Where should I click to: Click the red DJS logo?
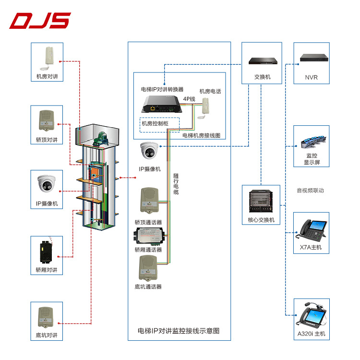point(40,21)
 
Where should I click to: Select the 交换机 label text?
point(262,77)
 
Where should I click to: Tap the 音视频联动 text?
point(310,191)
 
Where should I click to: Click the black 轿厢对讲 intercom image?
point(47,251)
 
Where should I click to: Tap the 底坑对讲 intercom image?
point(47,317)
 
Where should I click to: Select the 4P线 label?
point(189,99)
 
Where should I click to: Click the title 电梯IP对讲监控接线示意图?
point(179,331)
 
